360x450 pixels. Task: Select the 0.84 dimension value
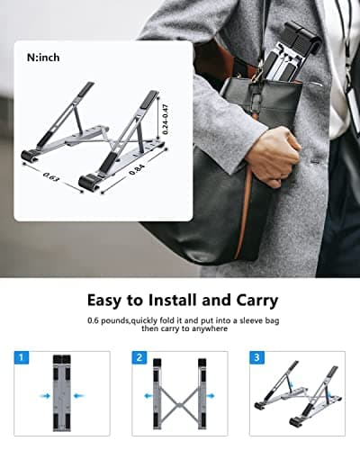pyautogui.click(x=135, y=167)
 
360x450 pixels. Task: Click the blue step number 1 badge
pyautogui.click(x=21, y=357)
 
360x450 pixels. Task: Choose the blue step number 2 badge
pyautogui.click(x=139, y=357)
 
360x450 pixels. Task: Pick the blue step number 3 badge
pyautogui.click(x=258, y=357)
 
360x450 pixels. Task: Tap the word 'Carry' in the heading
pyautogui.click(x=255, y=300)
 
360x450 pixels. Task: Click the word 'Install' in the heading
pyautogui.click(x=175, y=300)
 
